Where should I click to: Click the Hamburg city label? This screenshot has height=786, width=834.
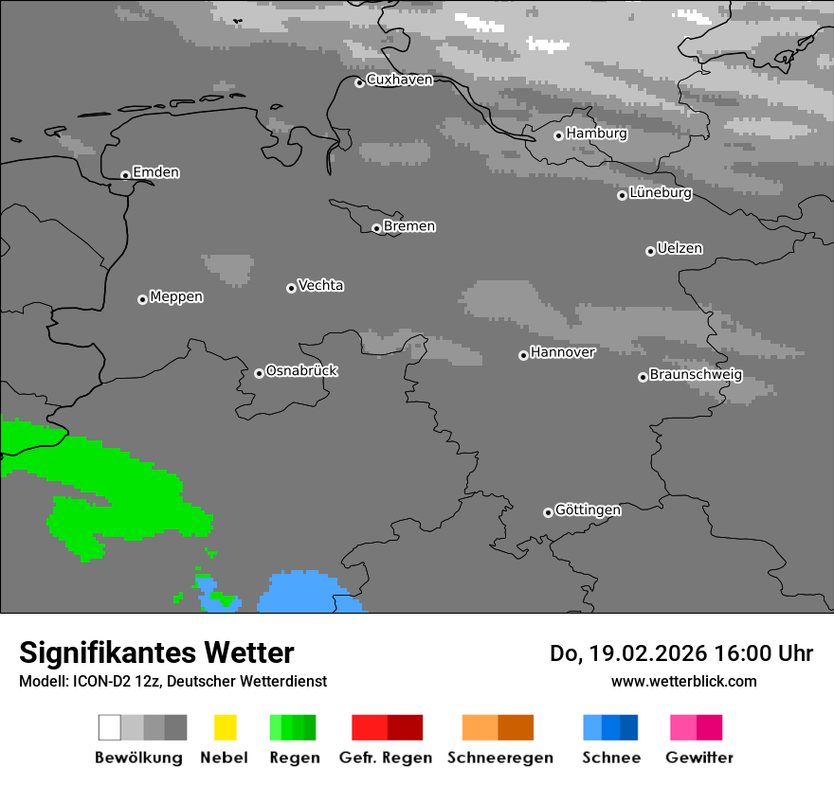596,134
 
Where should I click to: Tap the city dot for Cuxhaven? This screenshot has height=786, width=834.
359,82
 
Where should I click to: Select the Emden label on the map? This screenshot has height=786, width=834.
155,172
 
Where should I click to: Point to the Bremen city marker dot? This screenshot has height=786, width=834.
376,228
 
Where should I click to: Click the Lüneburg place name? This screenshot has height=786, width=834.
661,193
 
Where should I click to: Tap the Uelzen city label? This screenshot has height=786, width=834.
680,249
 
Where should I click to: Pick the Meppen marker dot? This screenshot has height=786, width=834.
142,299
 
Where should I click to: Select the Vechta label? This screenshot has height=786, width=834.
320,286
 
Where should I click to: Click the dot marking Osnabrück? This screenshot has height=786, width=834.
259,373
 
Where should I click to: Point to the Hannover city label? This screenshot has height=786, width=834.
563,352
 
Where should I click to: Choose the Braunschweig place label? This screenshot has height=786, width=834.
696,375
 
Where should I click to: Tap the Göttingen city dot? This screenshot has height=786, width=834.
548,512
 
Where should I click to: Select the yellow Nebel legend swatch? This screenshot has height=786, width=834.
226,727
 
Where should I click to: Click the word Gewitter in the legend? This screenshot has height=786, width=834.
699,758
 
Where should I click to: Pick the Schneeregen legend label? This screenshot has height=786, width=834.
500,758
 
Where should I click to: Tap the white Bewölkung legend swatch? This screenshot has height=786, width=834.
110,727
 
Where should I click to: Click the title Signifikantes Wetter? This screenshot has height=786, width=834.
156,652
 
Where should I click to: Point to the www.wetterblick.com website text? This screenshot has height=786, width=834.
683,681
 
